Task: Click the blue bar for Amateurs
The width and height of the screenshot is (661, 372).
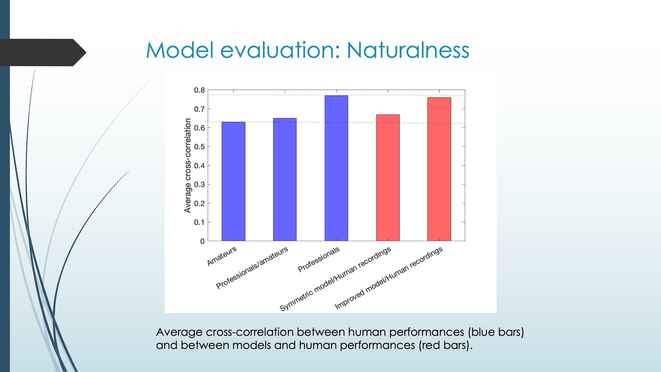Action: click(x=233, y=181)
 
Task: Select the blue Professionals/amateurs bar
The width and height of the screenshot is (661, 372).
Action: click(x=285, y=180)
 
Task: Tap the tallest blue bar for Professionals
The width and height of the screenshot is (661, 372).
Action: click(x=336, y=168)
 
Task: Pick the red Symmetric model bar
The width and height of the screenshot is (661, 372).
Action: click(x=388, y=178)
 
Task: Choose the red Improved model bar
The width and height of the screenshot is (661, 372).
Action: click(x=439, y=169)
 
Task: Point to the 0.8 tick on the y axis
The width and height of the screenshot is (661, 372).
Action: click(x=199, y=90)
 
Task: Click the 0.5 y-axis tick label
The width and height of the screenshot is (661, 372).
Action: click(x=199, y=147)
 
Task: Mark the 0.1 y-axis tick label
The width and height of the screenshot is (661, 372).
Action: click(x=199, y=222)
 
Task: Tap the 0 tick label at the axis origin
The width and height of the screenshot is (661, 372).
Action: click(x=203, y=241)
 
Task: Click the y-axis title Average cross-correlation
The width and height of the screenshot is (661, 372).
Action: click(x=188, y=166)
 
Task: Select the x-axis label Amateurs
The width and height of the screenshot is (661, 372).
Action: click(x=222, y=256)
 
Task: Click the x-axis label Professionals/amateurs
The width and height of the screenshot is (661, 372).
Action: click(x=252, y=268)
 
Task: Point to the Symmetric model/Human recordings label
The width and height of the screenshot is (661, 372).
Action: click(x=335, y=279)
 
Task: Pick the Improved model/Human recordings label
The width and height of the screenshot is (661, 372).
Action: click(x=389, y=278)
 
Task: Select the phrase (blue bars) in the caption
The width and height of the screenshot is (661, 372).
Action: click(x=496, y=332)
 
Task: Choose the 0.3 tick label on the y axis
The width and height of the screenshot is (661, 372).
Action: click(x=199, y=185)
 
